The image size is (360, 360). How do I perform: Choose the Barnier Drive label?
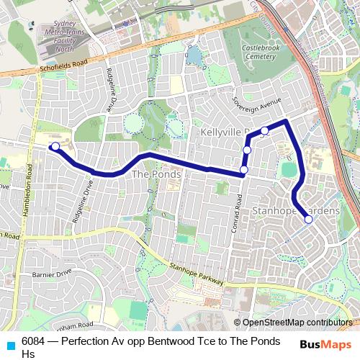51,274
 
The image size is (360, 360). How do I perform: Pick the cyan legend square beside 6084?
9,344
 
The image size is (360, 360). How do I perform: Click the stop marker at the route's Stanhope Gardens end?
308,220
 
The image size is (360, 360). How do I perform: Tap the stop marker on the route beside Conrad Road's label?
243,170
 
